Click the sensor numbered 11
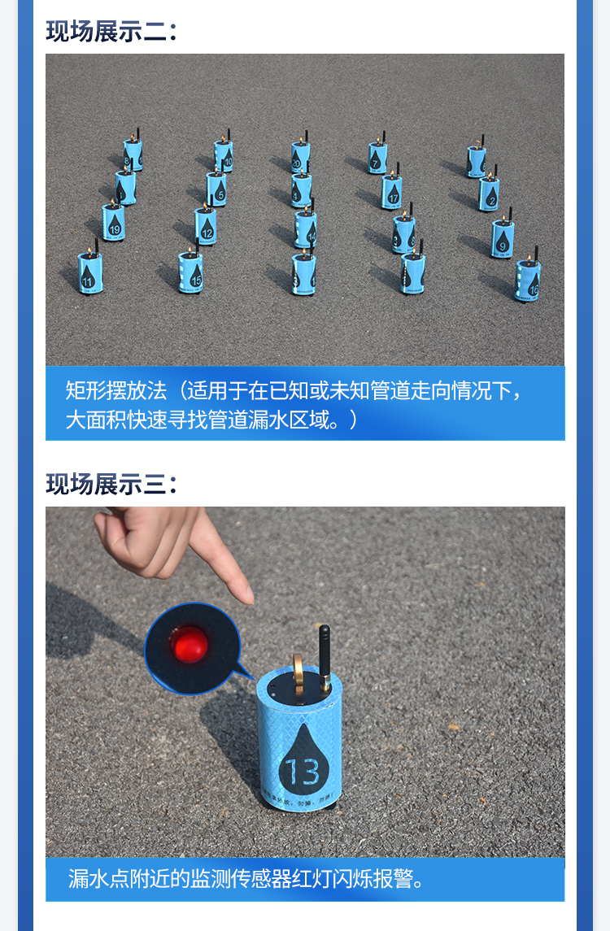[x=89, y=272]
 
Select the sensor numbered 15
[x=190, y=272]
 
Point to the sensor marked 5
[x=216, y=189]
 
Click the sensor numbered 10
[x=224, y=154]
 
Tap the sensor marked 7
[x=377, y=157]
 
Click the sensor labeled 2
[x=489, y=194]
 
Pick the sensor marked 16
[x=528, y=281]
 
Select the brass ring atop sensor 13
[x=298, y=671]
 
